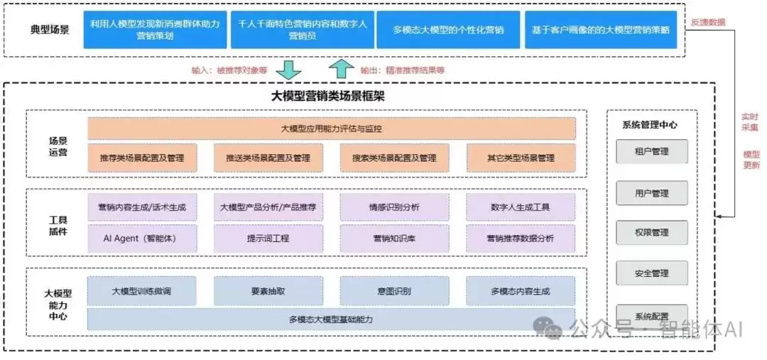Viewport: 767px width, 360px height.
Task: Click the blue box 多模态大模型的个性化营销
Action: (449, 30)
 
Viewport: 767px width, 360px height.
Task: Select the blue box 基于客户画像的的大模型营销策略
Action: (601, 30)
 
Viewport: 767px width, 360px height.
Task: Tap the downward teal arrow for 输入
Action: (288, 69)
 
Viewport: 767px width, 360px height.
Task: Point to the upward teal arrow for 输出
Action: (342, 69)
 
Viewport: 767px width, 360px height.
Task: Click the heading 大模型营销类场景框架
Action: (327, 96)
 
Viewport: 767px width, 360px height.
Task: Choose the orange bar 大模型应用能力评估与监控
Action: (332, 129)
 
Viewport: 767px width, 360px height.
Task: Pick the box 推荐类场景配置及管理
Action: (142, 158)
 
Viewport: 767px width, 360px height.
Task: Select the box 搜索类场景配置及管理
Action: (394, 158)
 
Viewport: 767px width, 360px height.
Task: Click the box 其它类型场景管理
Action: (521, 158)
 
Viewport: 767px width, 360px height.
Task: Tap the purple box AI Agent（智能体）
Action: (142, 239)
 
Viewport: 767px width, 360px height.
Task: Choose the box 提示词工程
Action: (268, 239)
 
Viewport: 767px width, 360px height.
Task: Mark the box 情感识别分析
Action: (394, 207)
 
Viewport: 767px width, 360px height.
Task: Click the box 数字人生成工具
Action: (521, 207)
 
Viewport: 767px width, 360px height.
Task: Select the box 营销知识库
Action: (394, 239)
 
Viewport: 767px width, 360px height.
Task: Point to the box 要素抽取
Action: (268, 291)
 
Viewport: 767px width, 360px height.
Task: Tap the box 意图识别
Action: (394, 291)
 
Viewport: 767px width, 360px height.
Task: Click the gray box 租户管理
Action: (651, 152)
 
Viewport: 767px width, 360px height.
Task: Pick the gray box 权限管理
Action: (651, 232)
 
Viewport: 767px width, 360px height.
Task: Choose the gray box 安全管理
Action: (651, 273)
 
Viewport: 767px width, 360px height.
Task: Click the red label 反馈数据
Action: (708, 22)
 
